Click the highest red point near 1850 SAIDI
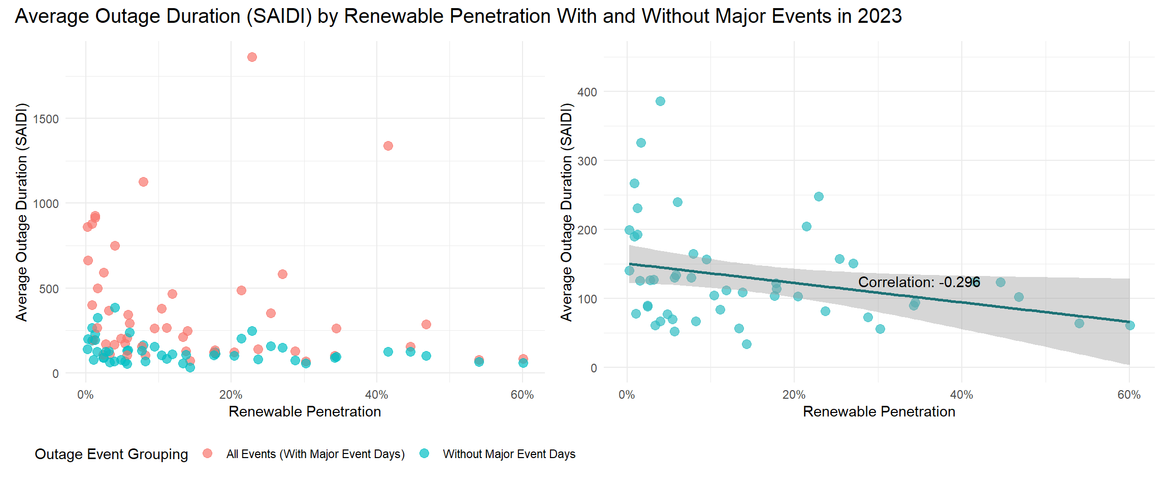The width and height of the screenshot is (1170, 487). (x=252, y=57)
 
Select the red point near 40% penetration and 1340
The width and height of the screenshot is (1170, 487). (x=388, y=146)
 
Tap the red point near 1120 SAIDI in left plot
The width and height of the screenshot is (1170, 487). (x=143, y=182)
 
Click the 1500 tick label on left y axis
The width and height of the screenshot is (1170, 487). (x=46, y=119)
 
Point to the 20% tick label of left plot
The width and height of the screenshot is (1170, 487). (x=231, y=395)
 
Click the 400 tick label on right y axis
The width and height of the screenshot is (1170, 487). (x=587, y=92)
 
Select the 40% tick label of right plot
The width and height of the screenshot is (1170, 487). (x=961, y=395)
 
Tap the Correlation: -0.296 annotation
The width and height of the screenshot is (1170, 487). (x=919, y=283)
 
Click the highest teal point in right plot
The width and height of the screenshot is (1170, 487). (x=660, y=101)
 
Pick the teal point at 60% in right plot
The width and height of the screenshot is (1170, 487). (x=1130, y=326)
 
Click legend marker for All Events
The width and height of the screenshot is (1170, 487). (x=207, y=454)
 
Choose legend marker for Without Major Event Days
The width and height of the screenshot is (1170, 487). (x=425, y=454)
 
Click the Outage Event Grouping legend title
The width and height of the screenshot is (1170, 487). (x=111, y=454)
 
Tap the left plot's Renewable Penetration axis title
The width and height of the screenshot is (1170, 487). (x=305, y=411)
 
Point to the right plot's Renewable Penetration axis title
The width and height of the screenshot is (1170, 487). (x=879, y=411)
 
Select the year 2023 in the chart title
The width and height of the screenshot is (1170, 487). (x=880, y=16)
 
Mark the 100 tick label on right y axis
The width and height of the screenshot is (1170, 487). (x=587, y=299)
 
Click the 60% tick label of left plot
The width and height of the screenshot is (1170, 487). (x=522, y=395)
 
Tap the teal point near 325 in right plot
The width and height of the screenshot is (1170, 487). (x=641, y=143)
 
